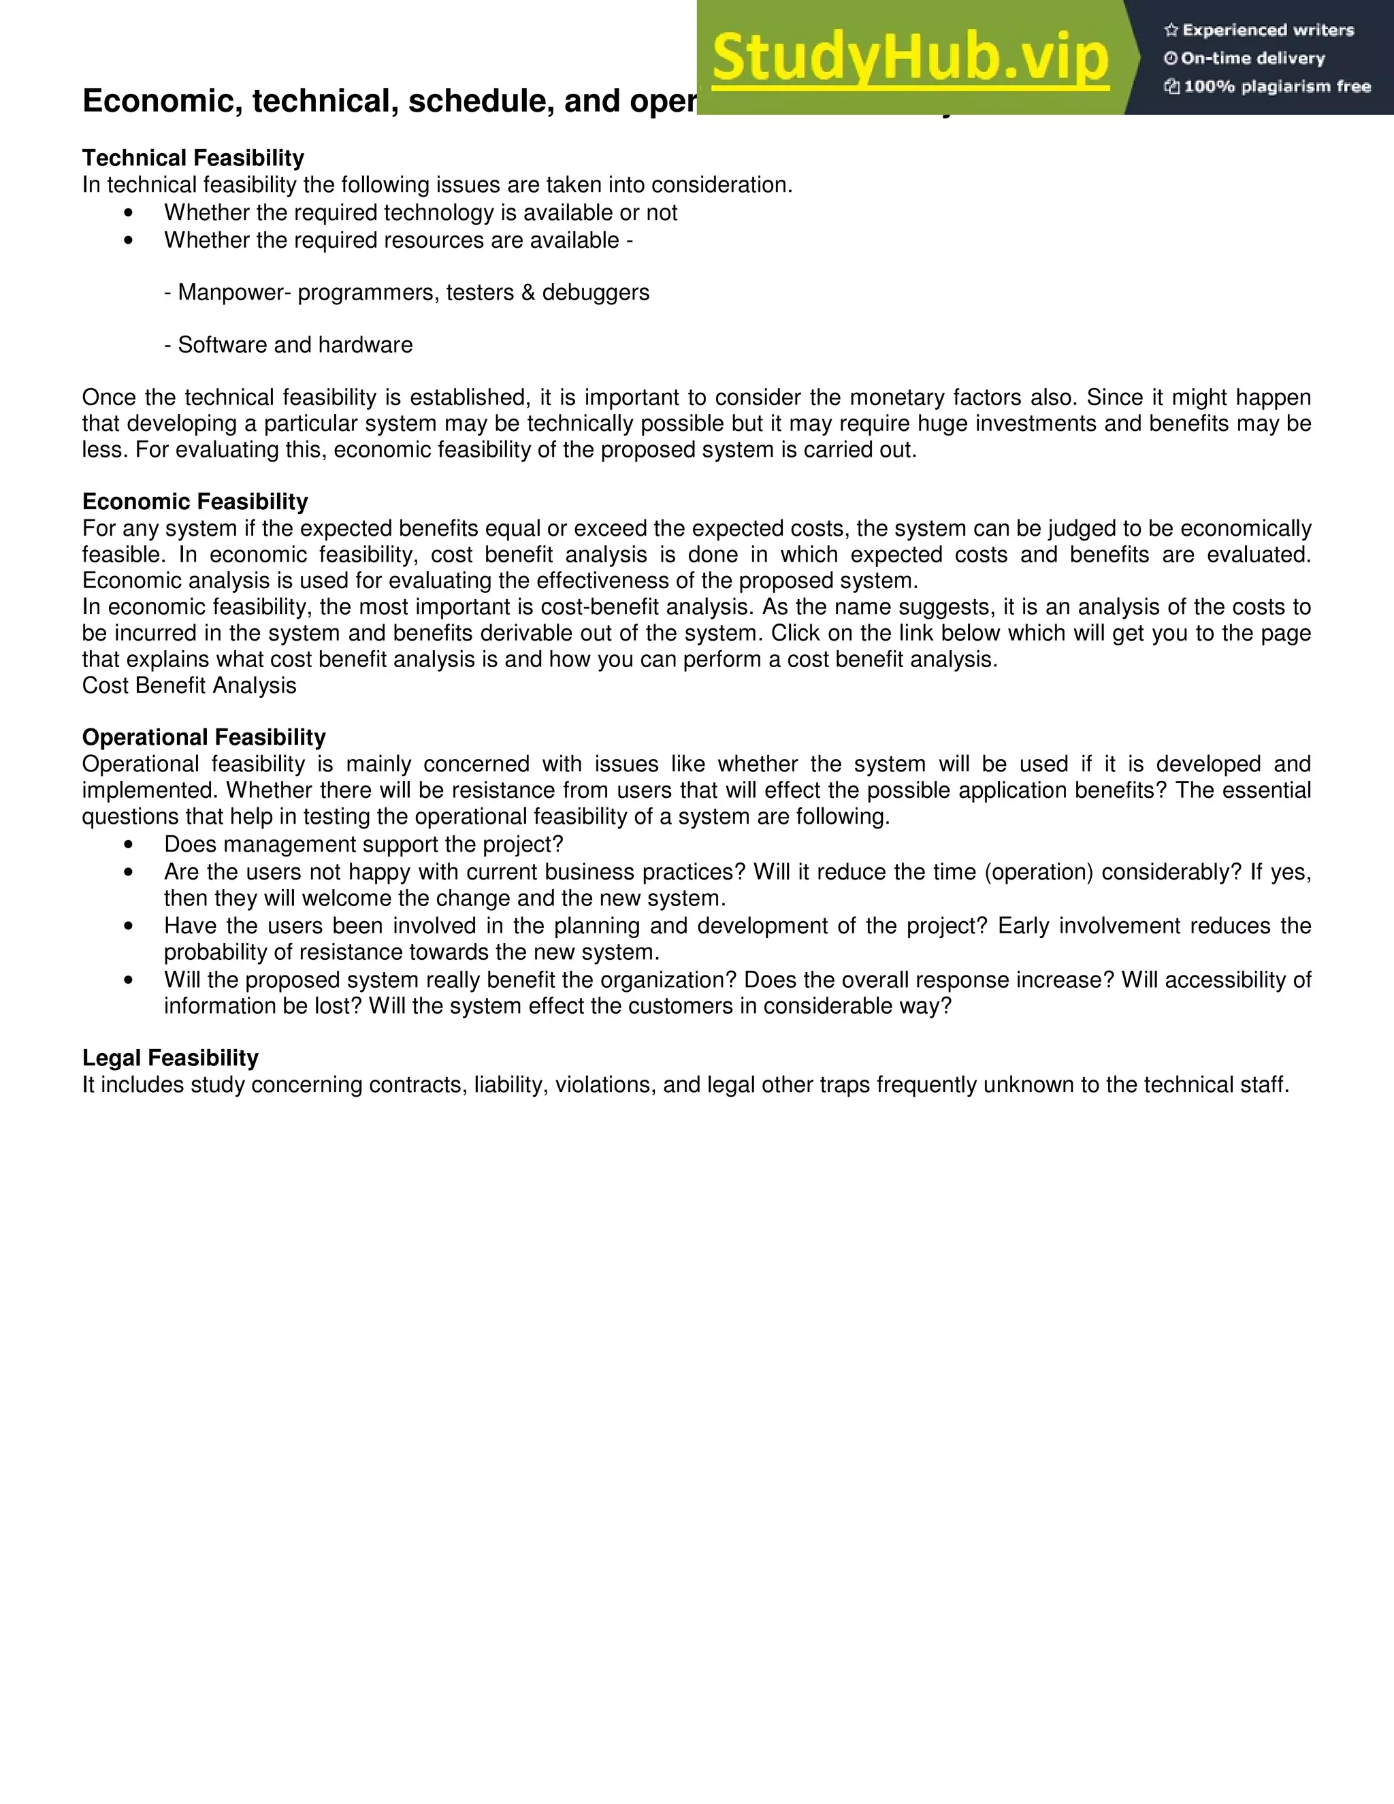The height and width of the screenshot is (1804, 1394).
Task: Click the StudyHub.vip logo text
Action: (x=909, y=58)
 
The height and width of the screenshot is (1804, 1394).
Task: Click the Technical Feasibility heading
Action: (x=193, y=158)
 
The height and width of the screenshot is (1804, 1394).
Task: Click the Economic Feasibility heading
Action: (x=195, y=502)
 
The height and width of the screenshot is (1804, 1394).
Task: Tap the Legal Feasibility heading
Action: (x=170, y=1057)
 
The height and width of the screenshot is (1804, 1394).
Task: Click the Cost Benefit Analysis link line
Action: (x=189, y=686)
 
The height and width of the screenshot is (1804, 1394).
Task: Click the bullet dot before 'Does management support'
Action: (x=128, y=845)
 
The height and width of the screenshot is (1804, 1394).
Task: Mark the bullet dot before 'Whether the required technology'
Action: (x=128, y=213)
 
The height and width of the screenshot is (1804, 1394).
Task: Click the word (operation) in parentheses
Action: (x=1038, y=872)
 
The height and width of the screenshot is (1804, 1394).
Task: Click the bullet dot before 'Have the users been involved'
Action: (x=128, y=927)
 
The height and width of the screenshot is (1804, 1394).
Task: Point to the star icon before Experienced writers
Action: (x=1171, y=31)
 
